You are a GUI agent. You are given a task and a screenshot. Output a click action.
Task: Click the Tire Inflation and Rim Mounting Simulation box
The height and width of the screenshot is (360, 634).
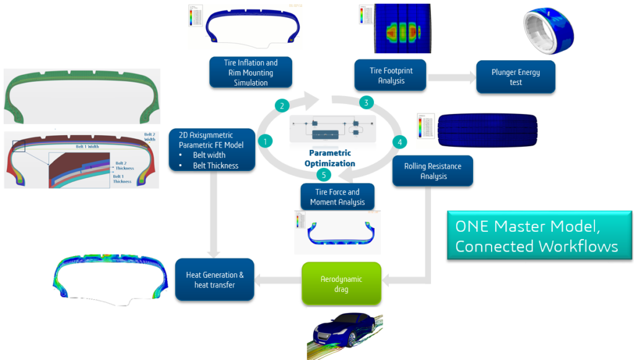(x=251, y=72)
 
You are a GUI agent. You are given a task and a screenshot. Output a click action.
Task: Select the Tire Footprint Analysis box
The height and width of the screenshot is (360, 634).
(x=391, y=76)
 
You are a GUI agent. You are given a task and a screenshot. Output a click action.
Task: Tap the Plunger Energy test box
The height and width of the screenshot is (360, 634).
(x=515, y=77)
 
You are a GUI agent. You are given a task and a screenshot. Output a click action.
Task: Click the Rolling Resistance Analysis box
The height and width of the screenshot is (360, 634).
(x=433, y=171)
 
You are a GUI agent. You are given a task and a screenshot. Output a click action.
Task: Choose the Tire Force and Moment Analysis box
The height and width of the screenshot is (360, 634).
(x=338, y=197)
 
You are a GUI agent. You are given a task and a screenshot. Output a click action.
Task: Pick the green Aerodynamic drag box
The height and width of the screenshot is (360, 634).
(x=341, y=284)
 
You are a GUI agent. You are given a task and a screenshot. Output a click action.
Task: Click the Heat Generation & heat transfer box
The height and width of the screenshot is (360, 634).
(x=215, y=280)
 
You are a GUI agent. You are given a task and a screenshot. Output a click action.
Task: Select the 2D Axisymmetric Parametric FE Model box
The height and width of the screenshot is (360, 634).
(x=212, y=150)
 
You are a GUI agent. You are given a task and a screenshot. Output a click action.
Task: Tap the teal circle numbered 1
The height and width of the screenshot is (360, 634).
(x=266, y=141)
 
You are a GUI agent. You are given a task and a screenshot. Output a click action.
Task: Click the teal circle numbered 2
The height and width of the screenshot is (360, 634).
(x=282, y=105)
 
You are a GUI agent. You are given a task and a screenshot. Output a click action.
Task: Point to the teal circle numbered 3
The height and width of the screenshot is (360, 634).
(x=367, y=102)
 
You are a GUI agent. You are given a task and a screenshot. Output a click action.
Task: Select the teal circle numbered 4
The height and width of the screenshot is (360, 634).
(x=400, y=142)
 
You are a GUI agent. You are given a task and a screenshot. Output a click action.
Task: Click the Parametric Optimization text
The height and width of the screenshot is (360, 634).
(x=329, y=158)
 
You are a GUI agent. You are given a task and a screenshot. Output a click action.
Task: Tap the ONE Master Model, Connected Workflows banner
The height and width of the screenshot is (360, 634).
(x=539, y=235)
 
